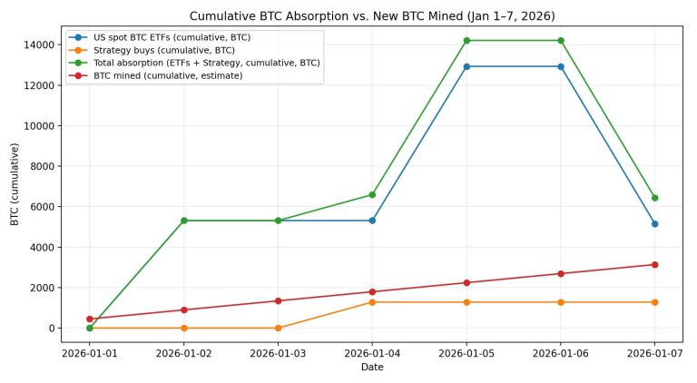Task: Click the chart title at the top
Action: (371, 16)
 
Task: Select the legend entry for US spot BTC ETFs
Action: (172, 37)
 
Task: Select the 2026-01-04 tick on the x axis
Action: (372, 352)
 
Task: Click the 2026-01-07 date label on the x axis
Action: (654, 352)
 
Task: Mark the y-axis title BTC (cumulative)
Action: (15, 187)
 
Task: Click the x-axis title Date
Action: (371, 368)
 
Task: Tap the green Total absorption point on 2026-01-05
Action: (466, 41)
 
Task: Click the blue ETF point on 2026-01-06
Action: (561, 66)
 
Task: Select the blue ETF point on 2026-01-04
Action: (372, 221)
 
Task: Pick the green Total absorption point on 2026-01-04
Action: (372, 194)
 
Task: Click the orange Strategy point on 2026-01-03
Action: (278, 328)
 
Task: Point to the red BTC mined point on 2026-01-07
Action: (654, 265)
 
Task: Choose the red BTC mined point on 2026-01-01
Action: (90, 319)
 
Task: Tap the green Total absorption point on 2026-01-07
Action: (654, 198)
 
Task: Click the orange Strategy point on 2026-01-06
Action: (561, 302)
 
